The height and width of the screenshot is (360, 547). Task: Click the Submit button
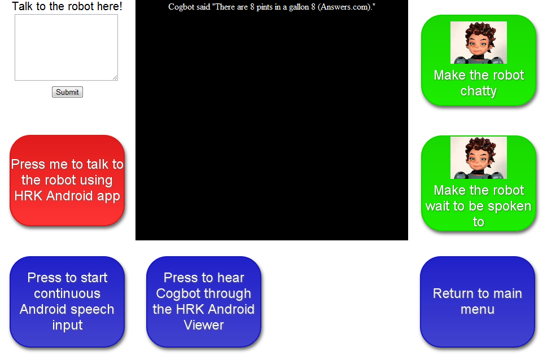tap(67, 92)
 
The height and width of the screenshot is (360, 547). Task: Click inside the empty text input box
tap(66, 47)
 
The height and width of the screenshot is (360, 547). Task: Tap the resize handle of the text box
tap(115, 77)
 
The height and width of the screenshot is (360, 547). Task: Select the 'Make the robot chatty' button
tap(478, 60)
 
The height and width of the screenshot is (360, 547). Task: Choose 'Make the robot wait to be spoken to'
tap(478, 183)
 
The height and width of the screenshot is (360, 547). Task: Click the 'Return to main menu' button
tap(478, 302)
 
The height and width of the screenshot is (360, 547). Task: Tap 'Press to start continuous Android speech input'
tap(67, 302)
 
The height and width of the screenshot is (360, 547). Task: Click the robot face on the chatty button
tap(479, 42)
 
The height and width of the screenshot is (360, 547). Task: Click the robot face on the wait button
tap(479, 157)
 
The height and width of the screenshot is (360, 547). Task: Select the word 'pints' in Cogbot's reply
tap(264, 7)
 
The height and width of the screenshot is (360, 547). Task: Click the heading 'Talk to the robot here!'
tap(67, 6)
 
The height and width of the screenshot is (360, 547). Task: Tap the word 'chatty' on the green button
tap(478, 91)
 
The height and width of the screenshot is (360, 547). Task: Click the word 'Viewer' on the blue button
tap(204, 325)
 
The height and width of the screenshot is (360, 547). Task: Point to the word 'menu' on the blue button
tap(478, 309)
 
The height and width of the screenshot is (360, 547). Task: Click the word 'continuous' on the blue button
tap(67, 294)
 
